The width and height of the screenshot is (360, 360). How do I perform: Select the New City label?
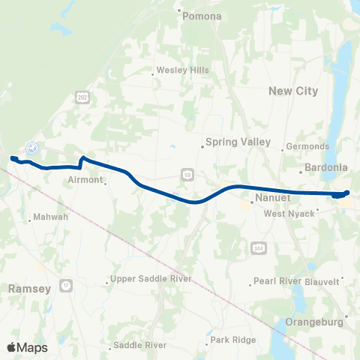pos(293,91)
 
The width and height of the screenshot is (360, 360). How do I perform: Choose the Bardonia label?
pos(324,169)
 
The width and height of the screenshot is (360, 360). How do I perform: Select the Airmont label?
pos(83,180)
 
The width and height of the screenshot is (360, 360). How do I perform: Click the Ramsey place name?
pos(28,287)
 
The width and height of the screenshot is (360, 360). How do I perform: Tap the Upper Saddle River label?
pos(151,279)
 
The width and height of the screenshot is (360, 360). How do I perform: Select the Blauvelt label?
pos(325,281)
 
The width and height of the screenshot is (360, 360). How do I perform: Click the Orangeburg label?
pos(315,322)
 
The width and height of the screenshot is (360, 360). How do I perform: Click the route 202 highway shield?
pos(80,97)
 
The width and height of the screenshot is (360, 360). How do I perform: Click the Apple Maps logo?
pos(28,346)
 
